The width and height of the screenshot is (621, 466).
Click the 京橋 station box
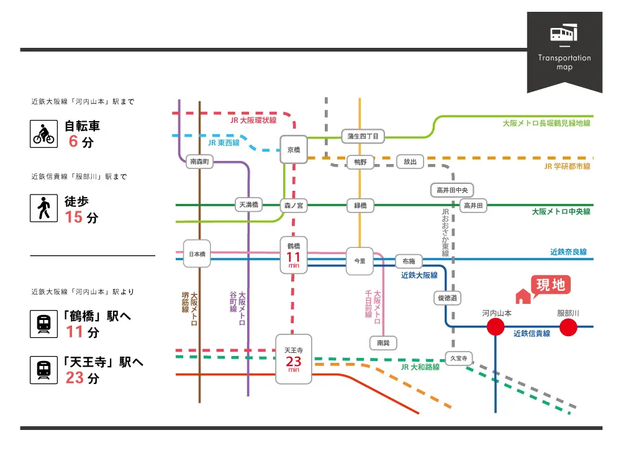tap(294, 149)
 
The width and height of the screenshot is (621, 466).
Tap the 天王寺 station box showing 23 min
tap(294, 359)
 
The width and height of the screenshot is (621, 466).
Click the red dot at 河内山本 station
tap(496, 327)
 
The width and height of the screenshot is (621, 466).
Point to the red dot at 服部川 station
tap(568, 327)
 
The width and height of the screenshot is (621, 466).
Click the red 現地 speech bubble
tap(551, 285)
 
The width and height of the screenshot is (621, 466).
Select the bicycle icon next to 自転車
tap(43, 134)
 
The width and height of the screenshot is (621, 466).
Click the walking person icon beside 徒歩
tap(43, 208)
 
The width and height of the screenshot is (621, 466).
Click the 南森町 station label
tap(199, 162)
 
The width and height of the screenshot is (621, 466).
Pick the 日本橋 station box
tap(197, 254)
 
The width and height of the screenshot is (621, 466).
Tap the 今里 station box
tap(360, 261)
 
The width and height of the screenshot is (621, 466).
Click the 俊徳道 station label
tap(448, 299)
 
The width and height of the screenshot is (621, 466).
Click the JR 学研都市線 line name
tap(567, 167)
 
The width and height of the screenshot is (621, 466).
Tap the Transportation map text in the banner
tap(564, 62)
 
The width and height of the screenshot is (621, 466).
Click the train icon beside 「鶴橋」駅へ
tap(43, 324)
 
